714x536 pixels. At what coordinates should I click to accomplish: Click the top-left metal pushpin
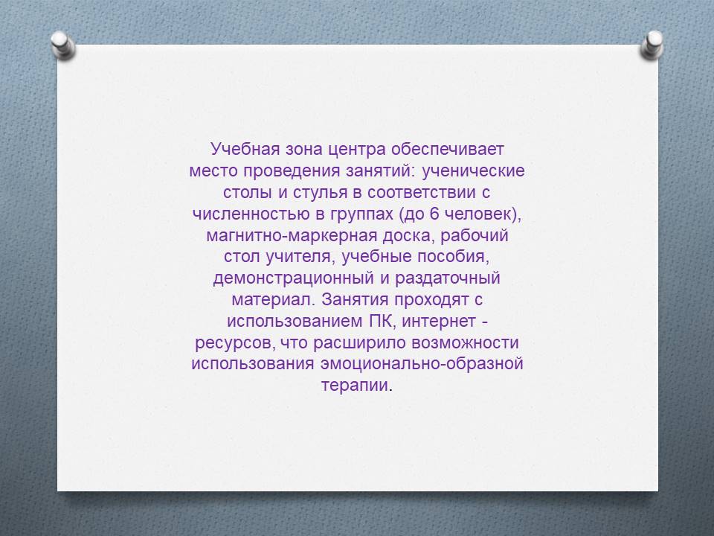point(62,45)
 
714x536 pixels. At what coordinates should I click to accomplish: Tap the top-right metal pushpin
point(652,45)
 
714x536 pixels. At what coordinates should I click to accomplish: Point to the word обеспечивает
point(447,150)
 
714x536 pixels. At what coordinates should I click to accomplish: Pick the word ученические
point(473,171)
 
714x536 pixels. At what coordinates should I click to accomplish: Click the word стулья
point(321,192)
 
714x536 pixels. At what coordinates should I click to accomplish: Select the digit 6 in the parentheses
point(434,214)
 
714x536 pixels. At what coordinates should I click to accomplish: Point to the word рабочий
point(475,235)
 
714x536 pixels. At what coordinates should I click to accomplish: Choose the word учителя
point(300,257)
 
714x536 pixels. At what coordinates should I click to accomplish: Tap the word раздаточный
point(448,278)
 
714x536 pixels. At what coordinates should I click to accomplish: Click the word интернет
point(439,321)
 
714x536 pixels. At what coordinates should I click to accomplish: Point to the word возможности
point(466,342)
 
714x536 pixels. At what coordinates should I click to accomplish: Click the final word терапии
point(356,386)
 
